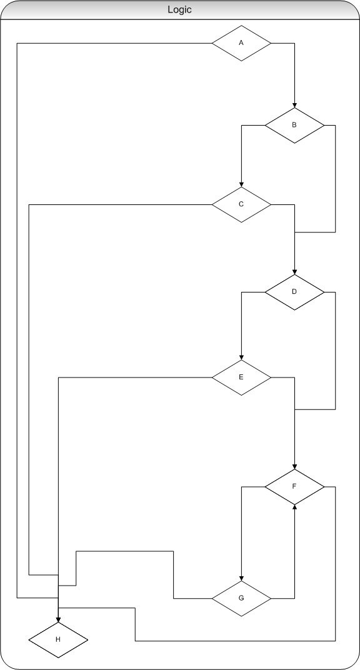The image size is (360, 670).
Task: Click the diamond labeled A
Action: (241, 43)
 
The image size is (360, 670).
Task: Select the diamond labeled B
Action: (294, 125)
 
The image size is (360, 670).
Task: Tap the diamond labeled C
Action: (241, 204)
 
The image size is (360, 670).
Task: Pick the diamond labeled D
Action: (294, 292)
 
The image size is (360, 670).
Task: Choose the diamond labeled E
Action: (241, 377)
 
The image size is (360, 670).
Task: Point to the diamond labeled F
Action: (294, 487)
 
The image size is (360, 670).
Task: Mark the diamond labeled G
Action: (241, 598)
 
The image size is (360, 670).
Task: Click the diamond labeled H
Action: (58, 639)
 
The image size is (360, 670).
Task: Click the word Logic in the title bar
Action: (180, 10)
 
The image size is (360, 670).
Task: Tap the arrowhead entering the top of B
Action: (294, 105)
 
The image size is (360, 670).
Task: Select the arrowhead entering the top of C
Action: (241, 184)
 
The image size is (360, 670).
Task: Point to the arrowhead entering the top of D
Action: (294, 272)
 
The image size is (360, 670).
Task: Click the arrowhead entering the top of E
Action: (241, 357)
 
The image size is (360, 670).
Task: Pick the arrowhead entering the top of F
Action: (294, 467)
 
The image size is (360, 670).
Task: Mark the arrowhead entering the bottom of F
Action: (294, 507)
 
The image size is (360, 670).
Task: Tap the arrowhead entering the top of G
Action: (241, 578)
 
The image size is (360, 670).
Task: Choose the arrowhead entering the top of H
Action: (58, 619)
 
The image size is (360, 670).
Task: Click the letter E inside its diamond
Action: (241, 377)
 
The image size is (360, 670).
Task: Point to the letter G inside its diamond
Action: (241, 598)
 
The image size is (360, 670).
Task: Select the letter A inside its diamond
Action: (241, 42)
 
